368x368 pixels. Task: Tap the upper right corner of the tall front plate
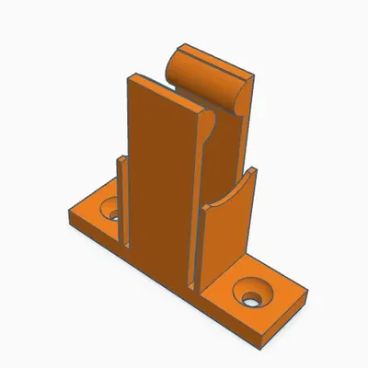coord(199,109)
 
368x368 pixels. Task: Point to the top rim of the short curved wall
coord(225,190)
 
